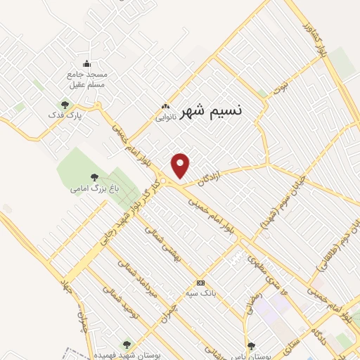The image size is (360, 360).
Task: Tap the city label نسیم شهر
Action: (x=211, y=111)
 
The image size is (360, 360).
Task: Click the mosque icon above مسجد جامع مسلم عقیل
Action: (x=86, y=63)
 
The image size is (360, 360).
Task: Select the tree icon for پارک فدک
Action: (x=65, y=105)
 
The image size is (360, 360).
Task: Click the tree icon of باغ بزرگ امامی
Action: (x=94, y=178)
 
